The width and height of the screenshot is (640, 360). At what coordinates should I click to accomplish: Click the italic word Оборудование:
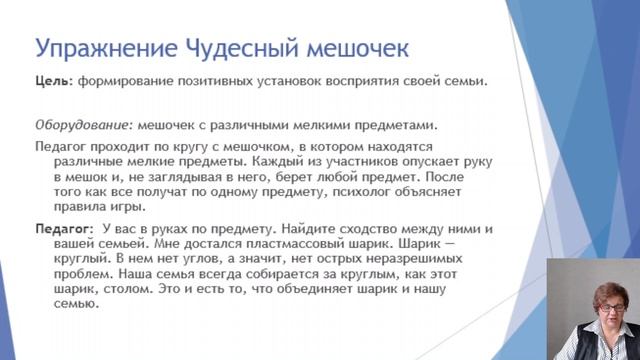click(83, 125)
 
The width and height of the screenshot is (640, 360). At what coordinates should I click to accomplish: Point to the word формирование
click(122, 84)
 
